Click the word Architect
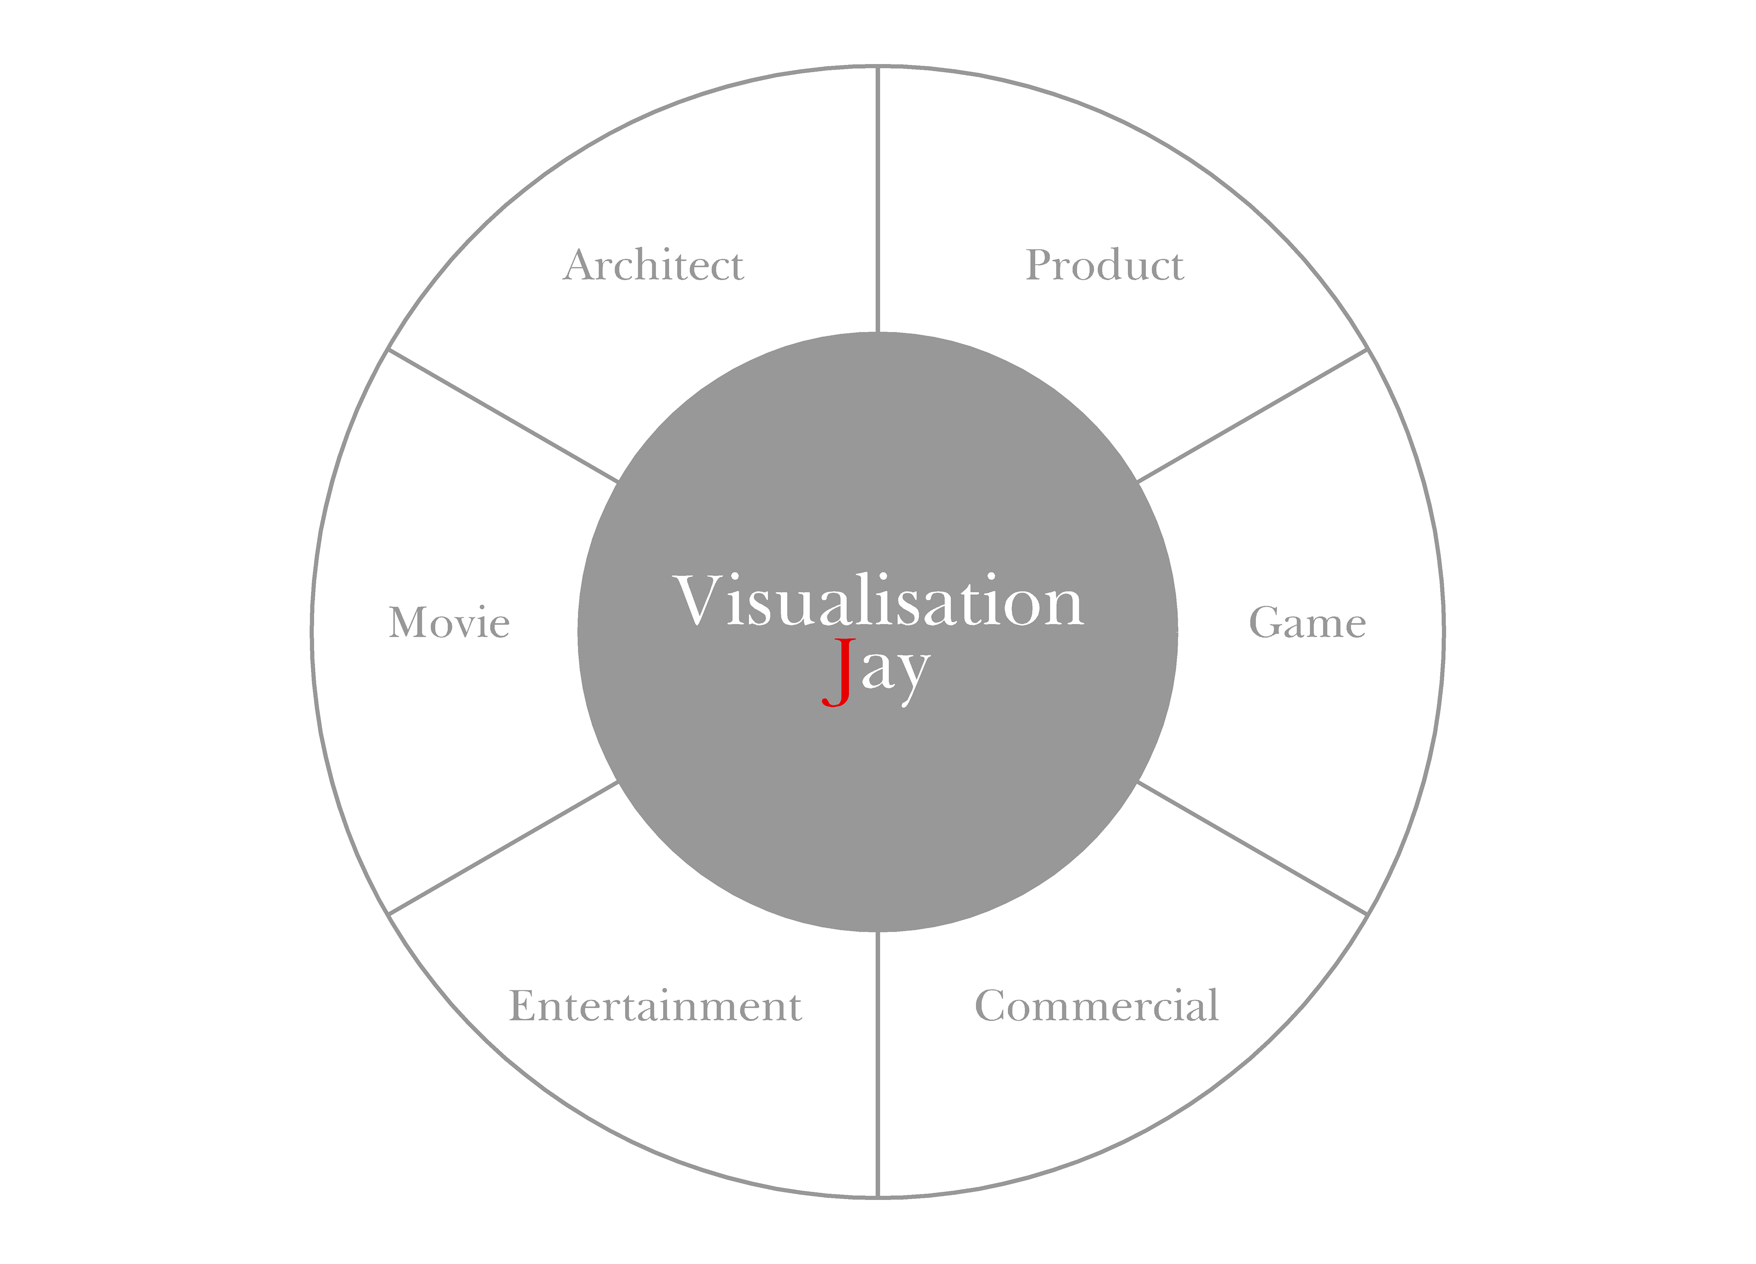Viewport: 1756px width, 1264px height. click(653, 266)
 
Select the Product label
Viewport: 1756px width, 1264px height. click(1104, 266)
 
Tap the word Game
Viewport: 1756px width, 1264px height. click(1307, 623)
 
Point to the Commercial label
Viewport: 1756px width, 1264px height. click(1096, 1006)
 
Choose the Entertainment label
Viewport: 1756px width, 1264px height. click(655, 1006)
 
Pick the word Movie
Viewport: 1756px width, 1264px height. click(449, 623)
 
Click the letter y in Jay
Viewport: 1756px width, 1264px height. click(912, 673)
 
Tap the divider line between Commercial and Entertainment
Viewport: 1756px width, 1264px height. click(878, 1064)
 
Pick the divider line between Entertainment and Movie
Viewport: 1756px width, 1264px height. click(503, 848)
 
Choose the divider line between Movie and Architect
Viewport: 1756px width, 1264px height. click(503, 416)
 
